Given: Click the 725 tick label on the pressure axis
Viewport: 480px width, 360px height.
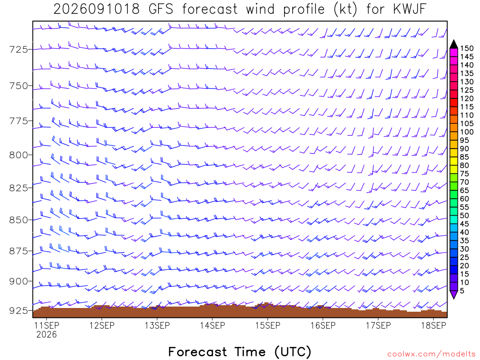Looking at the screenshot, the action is click(x=18, y=49).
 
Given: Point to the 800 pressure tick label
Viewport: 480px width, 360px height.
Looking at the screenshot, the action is click(x=18, y=155).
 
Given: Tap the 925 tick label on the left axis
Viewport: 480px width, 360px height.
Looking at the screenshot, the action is click(x=18, y=311).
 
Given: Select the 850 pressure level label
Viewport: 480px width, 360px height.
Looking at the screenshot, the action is click(x=18, y=220).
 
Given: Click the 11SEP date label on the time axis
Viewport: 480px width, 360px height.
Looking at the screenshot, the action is click(x=46, y=325).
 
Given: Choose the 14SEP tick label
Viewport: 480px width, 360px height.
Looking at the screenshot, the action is click(x=212, y=325).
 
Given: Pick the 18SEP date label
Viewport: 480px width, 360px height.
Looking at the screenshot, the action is click(x=434, y=325).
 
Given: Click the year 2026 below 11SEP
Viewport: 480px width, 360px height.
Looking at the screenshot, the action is click(x=46, y=334).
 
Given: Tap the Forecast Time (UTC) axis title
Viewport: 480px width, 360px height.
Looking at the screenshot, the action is click(x=240, y=352).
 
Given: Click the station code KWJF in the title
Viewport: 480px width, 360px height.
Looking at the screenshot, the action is click(x=409, y=9).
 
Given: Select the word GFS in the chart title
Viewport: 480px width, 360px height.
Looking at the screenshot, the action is click(x=161, y=9).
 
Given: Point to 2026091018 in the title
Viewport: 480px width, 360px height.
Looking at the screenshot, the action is click(x=97, y=9).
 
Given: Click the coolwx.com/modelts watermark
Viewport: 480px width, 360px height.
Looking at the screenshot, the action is click(x=431, y=354).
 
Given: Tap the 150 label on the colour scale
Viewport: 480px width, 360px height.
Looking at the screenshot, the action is click(x=467, y=48).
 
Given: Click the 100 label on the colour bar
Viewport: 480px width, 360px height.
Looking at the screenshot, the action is click(x=467, y=132).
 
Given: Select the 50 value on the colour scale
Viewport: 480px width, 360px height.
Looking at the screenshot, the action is click(x=465, y=216).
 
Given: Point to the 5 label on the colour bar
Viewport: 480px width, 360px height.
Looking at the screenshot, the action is click(x=462, y=291).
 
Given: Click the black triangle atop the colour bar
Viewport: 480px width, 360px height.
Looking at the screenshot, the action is click(x=454, y=45).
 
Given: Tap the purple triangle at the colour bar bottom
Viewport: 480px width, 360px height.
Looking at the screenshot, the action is click(x=454, y=294).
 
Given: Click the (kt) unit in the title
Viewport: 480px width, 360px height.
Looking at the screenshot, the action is click(x=345, y=9).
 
